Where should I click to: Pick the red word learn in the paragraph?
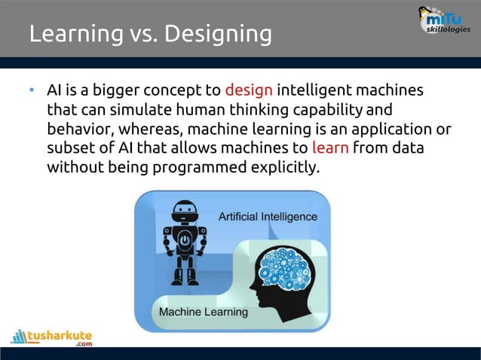pyautogui.click(x=329, y=148)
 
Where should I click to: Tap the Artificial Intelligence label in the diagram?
pyautogui.click(x=268, y=217)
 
